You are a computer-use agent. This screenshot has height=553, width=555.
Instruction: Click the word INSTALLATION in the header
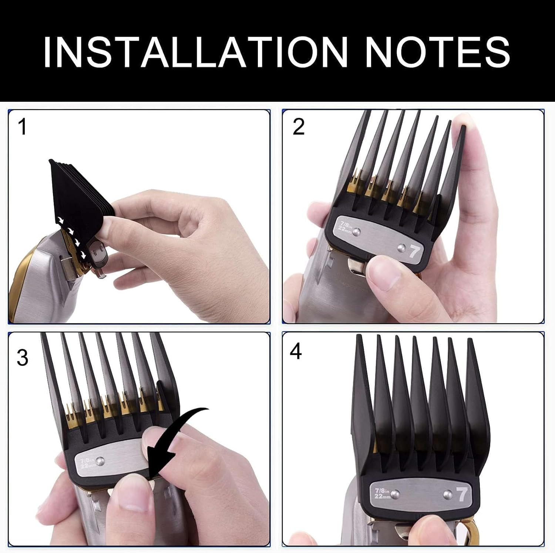[x=195, y=52]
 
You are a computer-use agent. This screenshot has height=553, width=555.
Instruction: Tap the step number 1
[x=22, y=127]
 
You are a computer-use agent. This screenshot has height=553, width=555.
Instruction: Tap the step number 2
[x=298, y=127]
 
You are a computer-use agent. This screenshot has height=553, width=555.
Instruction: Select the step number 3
[x=22, y=358]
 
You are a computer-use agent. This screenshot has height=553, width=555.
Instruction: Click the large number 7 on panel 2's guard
[x=414, y=252]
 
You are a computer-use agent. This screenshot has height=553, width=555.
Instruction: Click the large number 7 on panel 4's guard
[x=461, y=495]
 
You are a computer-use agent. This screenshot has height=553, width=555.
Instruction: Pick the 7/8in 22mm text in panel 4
[x=382, y=493]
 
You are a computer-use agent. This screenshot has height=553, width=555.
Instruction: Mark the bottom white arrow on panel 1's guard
[x=83, y=255]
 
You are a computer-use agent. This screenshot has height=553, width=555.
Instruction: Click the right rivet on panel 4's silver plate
[x=447, y=494]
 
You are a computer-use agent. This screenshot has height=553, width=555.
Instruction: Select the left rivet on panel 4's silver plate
[x=395, y=493]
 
